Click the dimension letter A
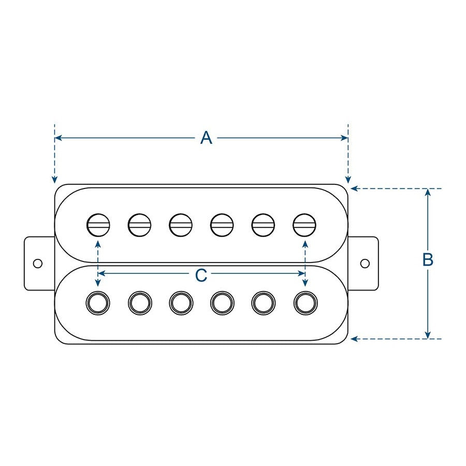pos(206,138)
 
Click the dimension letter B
pos(428,260)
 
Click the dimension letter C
pos(201,276)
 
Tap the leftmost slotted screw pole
pos(98,224)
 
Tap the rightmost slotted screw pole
pos(304,224)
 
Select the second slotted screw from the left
pos(139,224)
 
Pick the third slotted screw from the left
pos(181,224)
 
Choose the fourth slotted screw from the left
pos(222,224)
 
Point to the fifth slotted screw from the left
pos(263,224)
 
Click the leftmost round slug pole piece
pos(98,302)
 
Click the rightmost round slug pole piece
pos(304,302)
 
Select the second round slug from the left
pos(139,302)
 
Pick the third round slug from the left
pos(181,302)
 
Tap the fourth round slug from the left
pos(222,302)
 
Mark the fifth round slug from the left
pos(263,302)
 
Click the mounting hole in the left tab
pos(37,263)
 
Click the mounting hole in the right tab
pos(365,263)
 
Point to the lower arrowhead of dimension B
pos(428,335)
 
